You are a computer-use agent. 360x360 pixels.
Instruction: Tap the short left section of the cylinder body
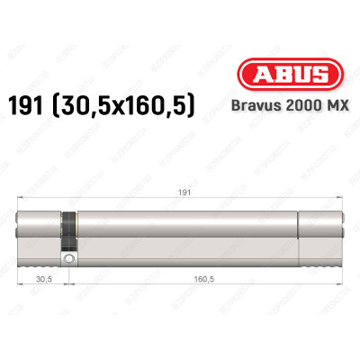coord(40,234)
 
